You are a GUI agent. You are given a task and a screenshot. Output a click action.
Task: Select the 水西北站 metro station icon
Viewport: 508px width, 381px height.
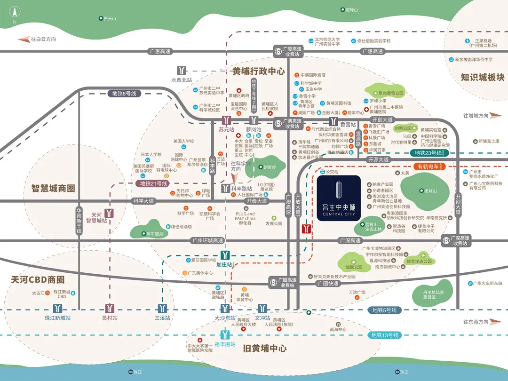pyautogui.click(x=182, y=70)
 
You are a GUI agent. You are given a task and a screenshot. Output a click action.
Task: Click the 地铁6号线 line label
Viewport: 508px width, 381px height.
pyautogui.click(x=124, y=94)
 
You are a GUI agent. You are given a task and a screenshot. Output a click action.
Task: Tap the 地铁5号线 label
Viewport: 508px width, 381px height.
pyautogui.click(x=384, y=310)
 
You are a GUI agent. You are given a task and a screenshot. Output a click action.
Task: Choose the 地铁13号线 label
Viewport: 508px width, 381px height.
pyautogui.click(x=384, y=335)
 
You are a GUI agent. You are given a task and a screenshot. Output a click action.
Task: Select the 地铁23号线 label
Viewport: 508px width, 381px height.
pyautogui.click(x=429, y=153)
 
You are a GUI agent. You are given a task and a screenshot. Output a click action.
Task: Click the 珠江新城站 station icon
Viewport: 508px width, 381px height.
pyautogui.click(x=58, y=309)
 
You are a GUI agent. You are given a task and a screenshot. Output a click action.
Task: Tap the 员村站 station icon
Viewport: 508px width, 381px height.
pyautogui.click(x=110, y=309)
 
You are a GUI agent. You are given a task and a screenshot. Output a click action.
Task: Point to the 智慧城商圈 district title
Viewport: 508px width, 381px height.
pyautogui.click(x=47, y=189)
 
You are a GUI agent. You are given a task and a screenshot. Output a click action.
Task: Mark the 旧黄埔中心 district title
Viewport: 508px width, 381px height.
pyautogui.click(x=265, y=349)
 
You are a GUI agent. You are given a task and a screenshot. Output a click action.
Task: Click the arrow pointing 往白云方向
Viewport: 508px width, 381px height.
pyautogui.click(x=23, y=40)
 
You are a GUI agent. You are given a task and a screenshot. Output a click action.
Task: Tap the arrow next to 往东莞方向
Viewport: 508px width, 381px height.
pyautogui.click(x=496, y=322)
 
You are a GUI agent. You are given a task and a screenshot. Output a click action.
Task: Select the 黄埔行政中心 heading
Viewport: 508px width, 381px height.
pyautogui.click(x=258, y=71)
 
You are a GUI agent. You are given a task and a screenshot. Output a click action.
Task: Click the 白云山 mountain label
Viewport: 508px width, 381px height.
pyautogui.click(x=107, y=18)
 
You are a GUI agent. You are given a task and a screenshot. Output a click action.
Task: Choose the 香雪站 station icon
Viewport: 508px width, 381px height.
pyautogui.click(x=333, y=121)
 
